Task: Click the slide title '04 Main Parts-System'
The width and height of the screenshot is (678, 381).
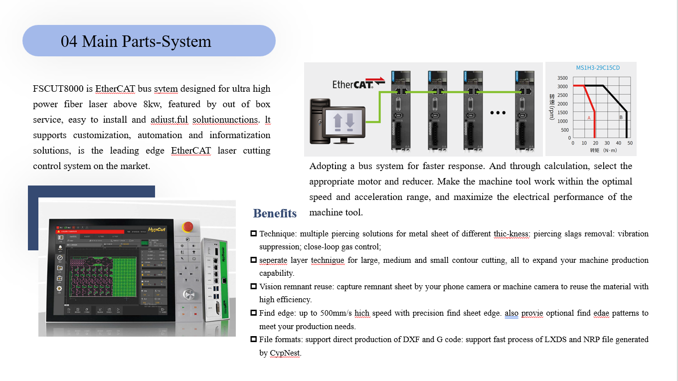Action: (136, 41)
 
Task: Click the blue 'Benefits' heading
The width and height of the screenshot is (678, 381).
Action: (275, 213)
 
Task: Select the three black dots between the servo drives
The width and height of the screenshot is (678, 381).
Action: (498, 113)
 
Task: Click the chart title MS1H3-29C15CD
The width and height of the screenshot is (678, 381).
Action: (598, 68)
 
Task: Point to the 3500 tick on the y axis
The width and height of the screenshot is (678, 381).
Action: (562, 78)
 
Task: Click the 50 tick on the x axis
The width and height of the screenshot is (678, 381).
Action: (630, 143)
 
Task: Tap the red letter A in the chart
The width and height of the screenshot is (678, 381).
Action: (589, 118)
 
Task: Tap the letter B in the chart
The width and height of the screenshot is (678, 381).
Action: (621, 118)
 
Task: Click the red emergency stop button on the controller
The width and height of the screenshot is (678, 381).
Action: (188, 227)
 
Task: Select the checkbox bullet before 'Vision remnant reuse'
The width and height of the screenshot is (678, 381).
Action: (254, 286)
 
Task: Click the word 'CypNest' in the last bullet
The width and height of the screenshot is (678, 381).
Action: (285, 353)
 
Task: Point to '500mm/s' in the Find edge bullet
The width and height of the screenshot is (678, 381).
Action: (336, 313)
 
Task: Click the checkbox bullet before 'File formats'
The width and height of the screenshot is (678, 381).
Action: (254, 339)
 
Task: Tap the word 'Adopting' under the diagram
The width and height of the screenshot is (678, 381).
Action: (328, 166)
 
